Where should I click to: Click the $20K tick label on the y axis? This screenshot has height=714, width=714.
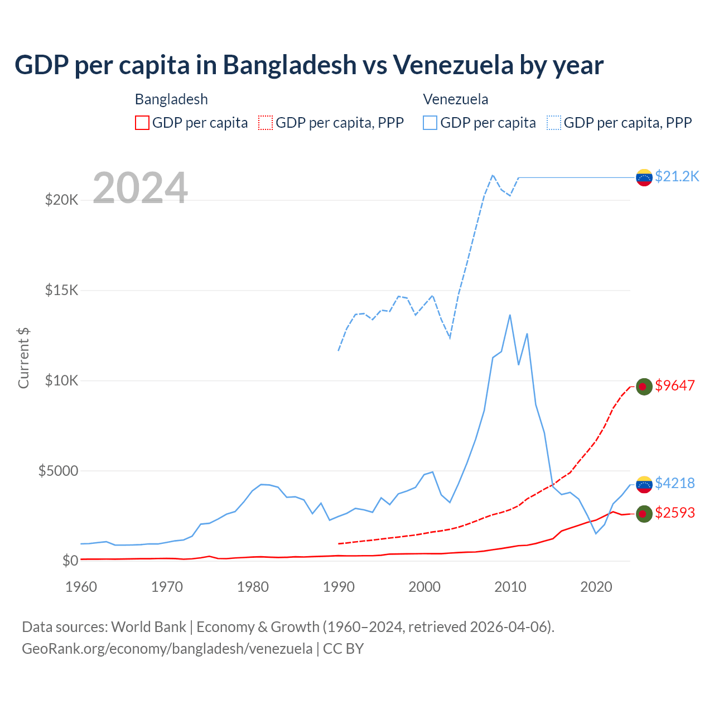[x=61, y=200]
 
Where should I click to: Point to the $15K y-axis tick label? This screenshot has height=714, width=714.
[x=61, y=290]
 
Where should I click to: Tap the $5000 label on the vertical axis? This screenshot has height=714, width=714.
[x=58, y=471]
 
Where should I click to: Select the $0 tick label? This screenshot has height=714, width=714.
[x=70, y=561]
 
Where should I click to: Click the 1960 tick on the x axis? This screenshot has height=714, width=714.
[x=81, y=587]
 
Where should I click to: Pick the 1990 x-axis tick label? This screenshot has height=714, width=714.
[x=339, y=587]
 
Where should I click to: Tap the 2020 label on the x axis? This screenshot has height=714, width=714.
[x=596, y=587]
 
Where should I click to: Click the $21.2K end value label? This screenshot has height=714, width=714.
[x=677, y=177]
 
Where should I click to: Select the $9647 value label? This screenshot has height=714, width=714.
[x=675, y=385]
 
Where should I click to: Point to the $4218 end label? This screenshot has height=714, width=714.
[x=675, y=483]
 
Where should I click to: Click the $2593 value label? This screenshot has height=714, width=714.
[x=675, y=513]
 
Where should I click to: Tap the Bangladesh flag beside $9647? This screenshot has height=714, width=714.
[x=644, y=386]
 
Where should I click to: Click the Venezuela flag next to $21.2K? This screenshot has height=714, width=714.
[x=644, y=177]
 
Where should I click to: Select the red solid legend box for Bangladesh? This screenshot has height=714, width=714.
[x=142, y=123]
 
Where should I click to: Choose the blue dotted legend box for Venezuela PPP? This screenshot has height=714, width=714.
[x=554, y=123]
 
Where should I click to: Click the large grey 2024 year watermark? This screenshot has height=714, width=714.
[x=140, y=188]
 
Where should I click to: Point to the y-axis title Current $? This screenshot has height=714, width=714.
[x=23, y=358]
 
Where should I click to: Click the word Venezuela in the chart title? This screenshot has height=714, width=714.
[x=453, y=65]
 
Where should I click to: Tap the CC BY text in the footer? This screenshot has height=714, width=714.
[x=344, y=649]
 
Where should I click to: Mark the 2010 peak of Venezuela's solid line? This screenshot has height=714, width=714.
[x=510, y=315]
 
